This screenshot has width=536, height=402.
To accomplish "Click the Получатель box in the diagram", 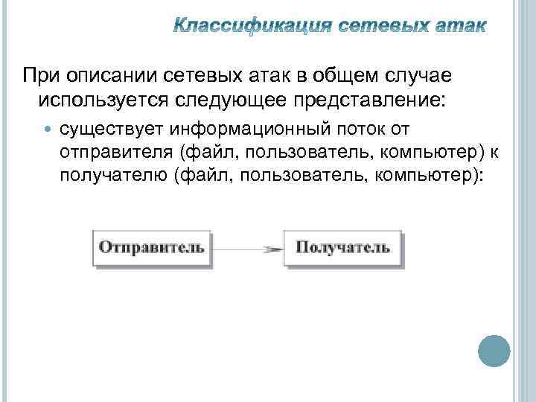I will click(342, 246).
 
